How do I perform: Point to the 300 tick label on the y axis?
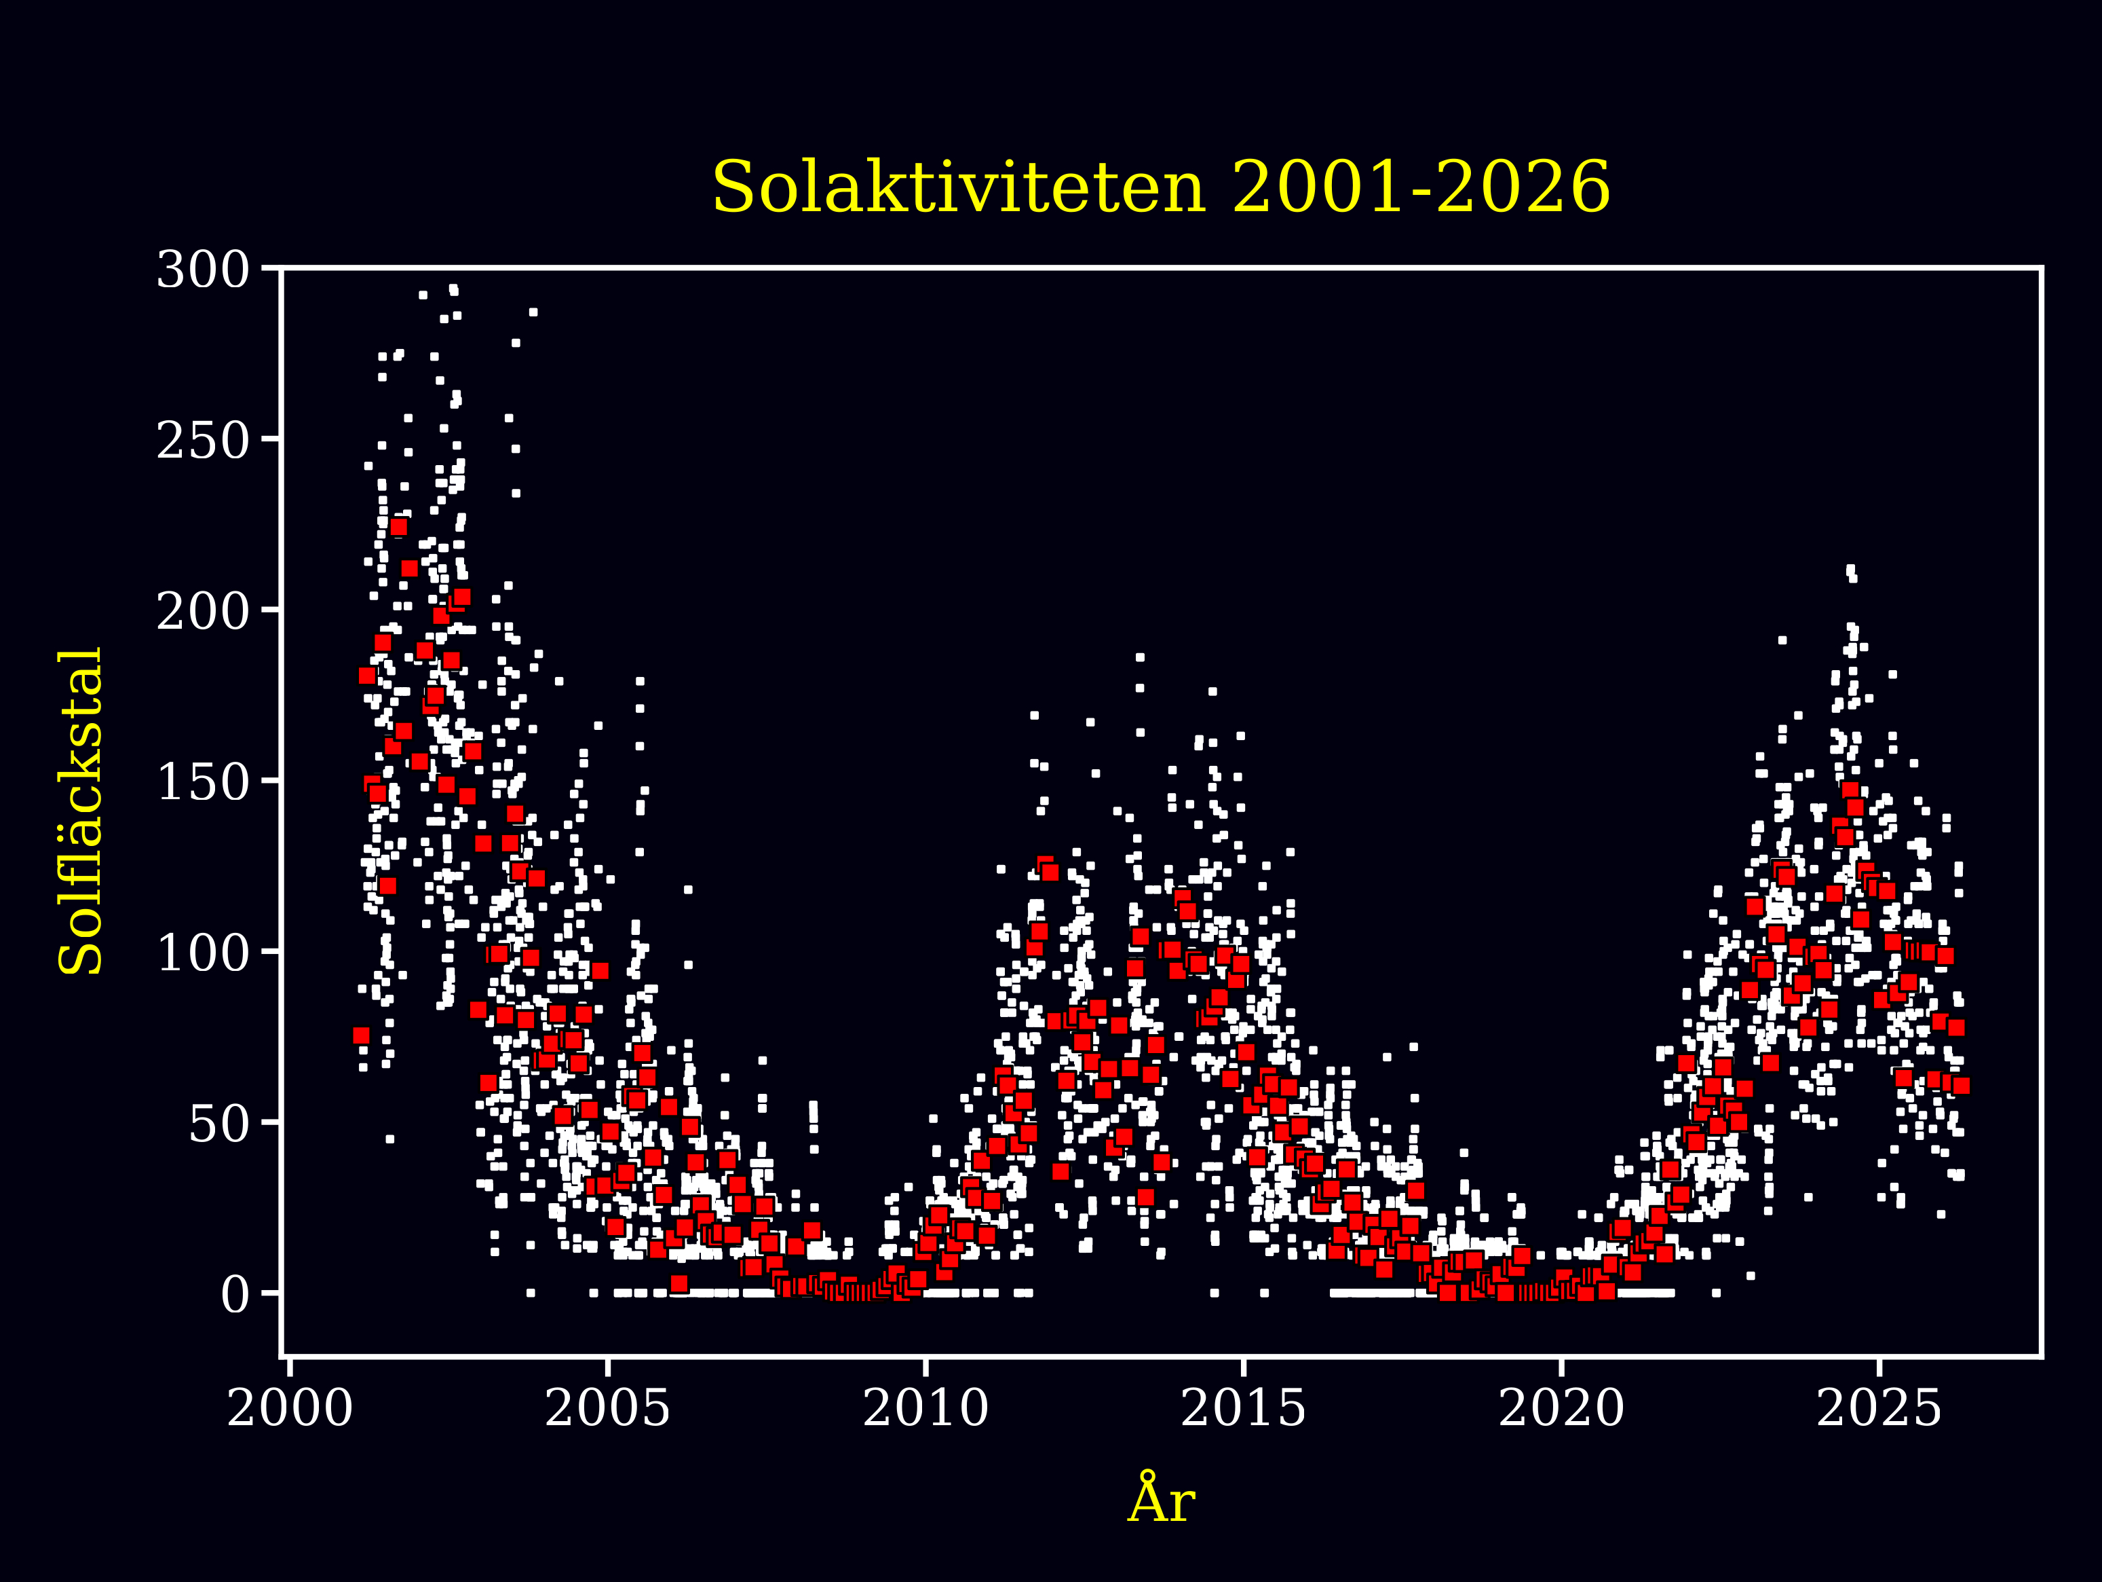coord(202,271)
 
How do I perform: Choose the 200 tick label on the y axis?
coord(202,611)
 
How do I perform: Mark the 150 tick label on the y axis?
coord(202,782)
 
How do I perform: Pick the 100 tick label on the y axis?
coord(202,953)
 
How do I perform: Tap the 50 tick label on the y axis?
coord(218,1124)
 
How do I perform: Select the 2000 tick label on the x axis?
coord(290,1408)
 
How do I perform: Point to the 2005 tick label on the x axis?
coord(607,1408)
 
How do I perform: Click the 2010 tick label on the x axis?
coord(925,1408)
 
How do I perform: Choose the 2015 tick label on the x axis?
coord(1243,1408)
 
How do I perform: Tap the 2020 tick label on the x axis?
coord(1561,1408)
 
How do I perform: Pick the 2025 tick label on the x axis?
coord(1879,1408)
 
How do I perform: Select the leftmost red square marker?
coord(361,1035)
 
